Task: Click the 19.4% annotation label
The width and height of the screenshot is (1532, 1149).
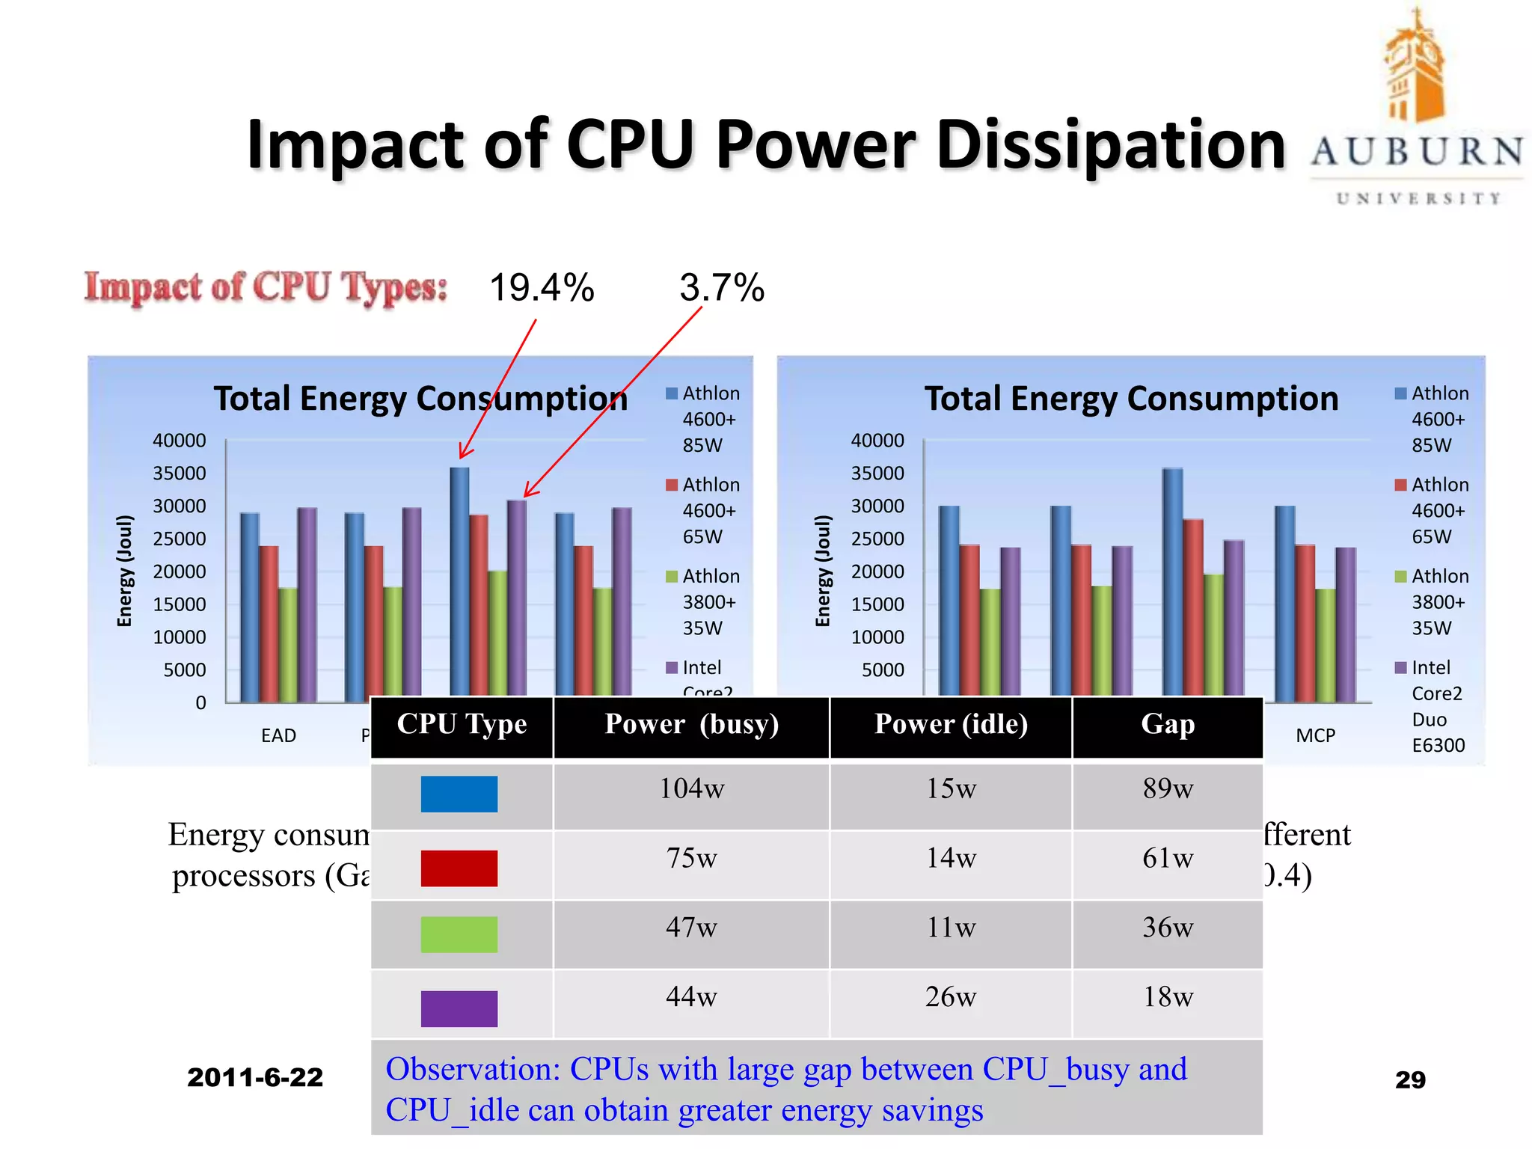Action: pyautogui.click(x=542, y=288)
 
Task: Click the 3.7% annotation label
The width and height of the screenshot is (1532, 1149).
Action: pyautogui.click(x=722, y=288)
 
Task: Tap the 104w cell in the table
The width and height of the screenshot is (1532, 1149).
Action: pyautogui.click(x=691, y=788)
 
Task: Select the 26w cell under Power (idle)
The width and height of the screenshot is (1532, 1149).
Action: pyautogui.click(x=951, y=997)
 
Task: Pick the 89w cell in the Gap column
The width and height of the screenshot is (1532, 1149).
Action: pyautogui.click(x=1168, y=788)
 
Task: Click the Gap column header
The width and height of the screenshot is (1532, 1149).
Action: pyautogui.click(x=1168, y=724)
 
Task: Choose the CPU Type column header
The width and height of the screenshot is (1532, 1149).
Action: pyautogui.click(x=462, y=724)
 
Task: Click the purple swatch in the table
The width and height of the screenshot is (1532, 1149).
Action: pyautogui.click(x=459, y=1008)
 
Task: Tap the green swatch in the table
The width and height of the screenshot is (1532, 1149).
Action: pyautogui.click(x=459, y=934)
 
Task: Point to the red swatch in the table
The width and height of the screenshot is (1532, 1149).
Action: pyautogui.click(x=459, y=868)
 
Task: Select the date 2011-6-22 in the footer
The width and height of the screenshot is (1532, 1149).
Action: pyautogui.click(x=255, y=1077)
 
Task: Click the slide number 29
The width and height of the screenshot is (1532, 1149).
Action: pyautogui.click(x=1410, y=1079)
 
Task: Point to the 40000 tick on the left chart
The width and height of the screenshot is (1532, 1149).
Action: pyautogui.click(x=180, y=441)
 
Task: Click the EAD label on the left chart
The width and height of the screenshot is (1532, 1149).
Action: pyautogui.click(x=278, y=735)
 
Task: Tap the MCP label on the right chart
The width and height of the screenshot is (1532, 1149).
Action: pyautogui.click(x=1315, y=735)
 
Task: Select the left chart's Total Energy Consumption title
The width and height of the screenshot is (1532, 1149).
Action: pyautogui.click(x=420, y=399)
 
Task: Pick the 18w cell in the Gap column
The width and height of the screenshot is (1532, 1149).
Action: pyautogui.click(x=1168, y=997)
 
